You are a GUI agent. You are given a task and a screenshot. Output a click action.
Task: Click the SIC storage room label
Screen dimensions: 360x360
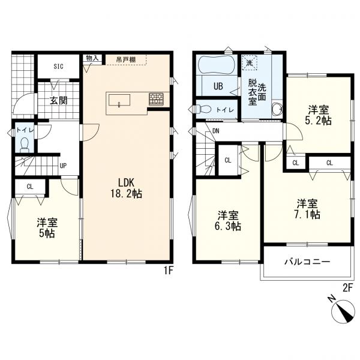point(58,67)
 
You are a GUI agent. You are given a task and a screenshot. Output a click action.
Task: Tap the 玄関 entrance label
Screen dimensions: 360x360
point(59,101)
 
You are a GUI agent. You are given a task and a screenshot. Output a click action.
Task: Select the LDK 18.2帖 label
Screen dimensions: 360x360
point(126,188)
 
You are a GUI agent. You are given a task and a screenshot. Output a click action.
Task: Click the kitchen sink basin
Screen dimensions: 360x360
point(119,100)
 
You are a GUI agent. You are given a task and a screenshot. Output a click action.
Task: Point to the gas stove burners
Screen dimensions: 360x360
point(156,99)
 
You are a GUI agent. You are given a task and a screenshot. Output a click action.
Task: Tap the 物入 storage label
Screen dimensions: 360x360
point(92,58)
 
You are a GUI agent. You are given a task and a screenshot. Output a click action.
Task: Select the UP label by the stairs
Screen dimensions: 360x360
point(63,166)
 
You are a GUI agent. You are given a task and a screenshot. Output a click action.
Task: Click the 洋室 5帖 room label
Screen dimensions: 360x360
point(47,228)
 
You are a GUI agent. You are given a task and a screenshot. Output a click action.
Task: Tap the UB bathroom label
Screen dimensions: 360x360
point(218,86)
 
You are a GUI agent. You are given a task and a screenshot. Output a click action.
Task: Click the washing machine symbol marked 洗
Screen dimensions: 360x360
point(249,62)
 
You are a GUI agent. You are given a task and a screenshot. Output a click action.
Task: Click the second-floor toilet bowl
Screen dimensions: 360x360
point(203,109)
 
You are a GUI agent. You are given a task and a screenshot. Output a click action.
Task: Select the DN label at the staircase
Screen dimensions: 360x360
point(216,131)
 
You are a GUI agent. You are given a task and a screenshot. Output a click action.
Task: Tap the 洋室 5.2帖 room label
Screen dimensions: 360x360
point(318,115)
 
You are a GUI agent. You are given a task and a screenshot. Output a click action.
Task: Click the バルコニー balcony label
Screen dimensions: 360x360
point(307,262)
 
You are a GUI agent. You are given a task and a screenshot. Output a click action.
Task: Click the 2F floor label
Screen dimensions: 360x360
point(347,288)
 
